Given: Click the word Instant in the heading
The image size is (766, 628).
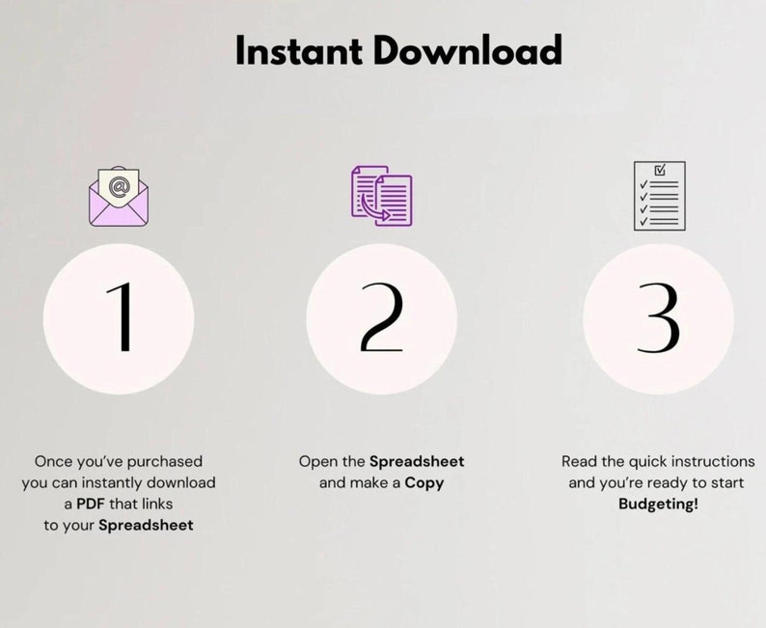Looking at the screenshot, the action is tap(299, 50).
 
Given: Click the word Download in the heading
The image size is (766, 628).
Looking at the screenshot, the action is tap(469, 50).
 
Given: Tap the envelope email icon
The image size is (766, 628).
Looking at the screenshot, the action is tap(119, 197).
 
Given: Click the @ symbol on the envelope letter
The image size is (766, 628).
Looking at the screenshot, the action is tap(119, 186).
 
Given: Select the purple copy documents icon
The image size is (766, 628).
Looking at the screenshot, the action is tap(381, 196).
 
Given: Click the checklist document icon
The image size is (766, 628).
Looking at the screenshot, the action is tap(660, 196).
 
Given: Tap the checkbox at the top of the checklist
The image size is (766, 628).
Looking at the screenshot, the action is tap(660, 170).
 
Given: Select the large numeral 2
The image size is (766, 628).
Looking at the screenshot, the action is tap(381, 317).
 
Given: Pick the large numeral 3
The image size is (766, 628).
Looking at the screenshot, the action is tap(659, 317).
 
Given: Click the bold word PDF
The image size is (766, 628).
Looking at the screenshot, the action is tap(91, 504).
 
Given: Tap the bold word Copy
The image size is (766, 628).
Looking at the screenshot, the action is tap(424, 483).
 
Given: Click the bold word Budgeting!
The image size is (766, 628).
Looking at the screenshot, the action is tap(659, 505).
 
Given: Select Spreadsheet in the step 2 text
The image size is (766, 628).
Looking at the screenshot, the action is tap(417, 461).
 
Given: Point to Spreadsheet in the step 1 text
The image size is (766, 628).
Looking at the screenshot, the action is tap(146, 526).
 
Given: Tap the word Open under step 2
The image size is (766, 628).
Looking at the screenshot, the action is tap(315, 462).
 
